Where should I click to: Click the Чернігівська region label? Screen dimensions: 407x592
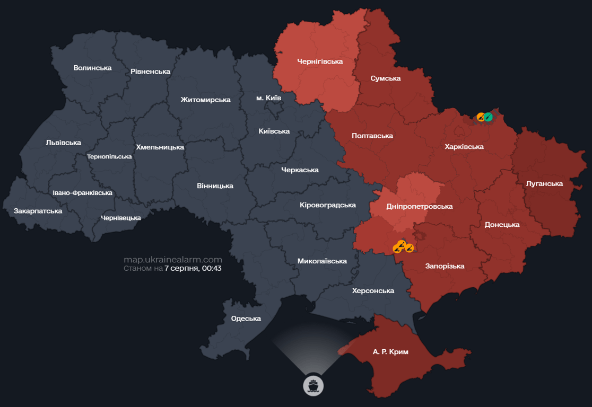click(x=319, y=61)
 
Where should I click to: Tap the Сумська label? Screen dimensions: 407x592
click(x=385, y=78)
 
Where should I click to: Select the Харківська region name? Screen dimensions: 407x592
click(x=464, y=146)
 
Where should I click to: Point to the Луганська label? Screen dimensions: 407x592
click(x=544, y=183)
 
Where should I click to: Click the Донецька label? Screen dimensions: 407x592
click(x=502, y=224)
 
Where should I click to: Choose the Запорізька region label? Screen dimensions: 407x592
click(x=445, y=266)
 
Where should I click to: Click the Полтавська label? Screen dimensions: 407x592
click(x=372, y=136)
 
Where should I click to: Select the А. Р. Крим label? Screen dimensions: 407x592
click(x=390, y=351)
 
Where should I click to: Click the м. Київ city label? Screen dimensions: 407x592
click(x=268, y=98)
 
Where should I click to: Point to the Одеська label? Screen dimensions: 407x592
click(x=246, y=318)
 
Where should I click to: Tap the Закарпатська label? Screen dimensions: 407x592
click(x=38, y=211)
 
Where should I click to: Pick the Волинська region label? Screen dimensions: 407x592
click(x=93, y=68)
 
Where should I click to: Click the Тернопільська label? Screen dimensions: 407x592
click(x=109, y=156)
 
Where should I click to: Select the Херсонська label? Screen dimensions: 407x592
click(x=373, y=290)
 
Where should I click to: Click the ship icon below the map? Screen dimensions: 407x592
click(x=313, y=385)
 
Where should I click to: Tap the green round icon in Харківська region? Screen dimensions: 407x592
click(x=488, y=117)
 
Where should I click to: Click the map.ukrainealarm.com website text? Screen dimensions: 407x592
click(x=173, y=260)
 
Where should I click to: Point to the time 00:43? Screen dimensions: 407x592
click(x=211, y=268)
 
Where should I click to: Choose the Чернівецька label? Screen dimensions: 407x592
click(x=121, y=218)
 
